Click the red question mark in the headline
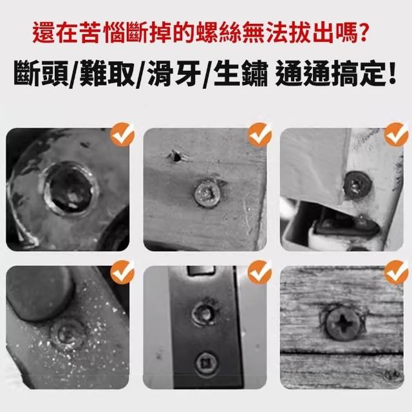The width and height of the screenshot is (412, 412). coord(363,33)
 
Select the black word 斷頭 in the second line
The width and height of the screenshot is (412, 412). coord(41,73)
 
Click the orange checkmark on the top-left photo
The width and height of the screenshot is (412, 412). coord(122,135)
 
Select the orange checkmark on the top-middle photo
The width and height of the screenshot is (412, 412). coord(259,135)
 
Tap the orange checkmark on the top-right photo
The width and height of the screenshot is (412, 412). coord(397,135)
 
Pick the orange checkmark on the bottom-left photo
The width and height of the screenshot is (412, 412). coord(122,272)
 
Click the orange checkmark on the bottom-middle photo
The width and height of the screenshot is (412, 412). coord(259,272)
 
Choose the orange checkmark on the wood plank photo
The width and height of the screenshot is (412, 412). coord(397,272)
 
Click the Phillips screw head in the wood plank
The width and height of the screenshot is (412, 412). coord(343,324)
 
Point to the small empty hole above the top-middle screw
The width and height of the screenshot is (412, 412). coord(176,156)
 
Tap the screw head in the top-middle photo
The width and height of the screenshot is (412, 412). coord(207,193)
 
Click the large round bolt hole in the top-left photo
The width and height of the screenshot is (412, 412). coord(70,189)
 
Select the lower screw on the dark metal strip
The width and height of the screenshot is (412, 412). coord(206,365)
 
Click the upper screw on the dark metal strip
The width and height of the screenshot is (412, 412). coord(205,313)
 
